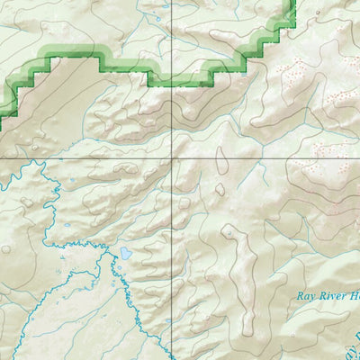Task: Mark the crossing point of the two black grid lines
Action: click(171, 157)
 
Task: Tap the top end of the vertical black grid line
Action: click(171, 2)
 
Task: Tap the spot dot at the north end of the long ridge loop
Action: click(229, 231)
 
